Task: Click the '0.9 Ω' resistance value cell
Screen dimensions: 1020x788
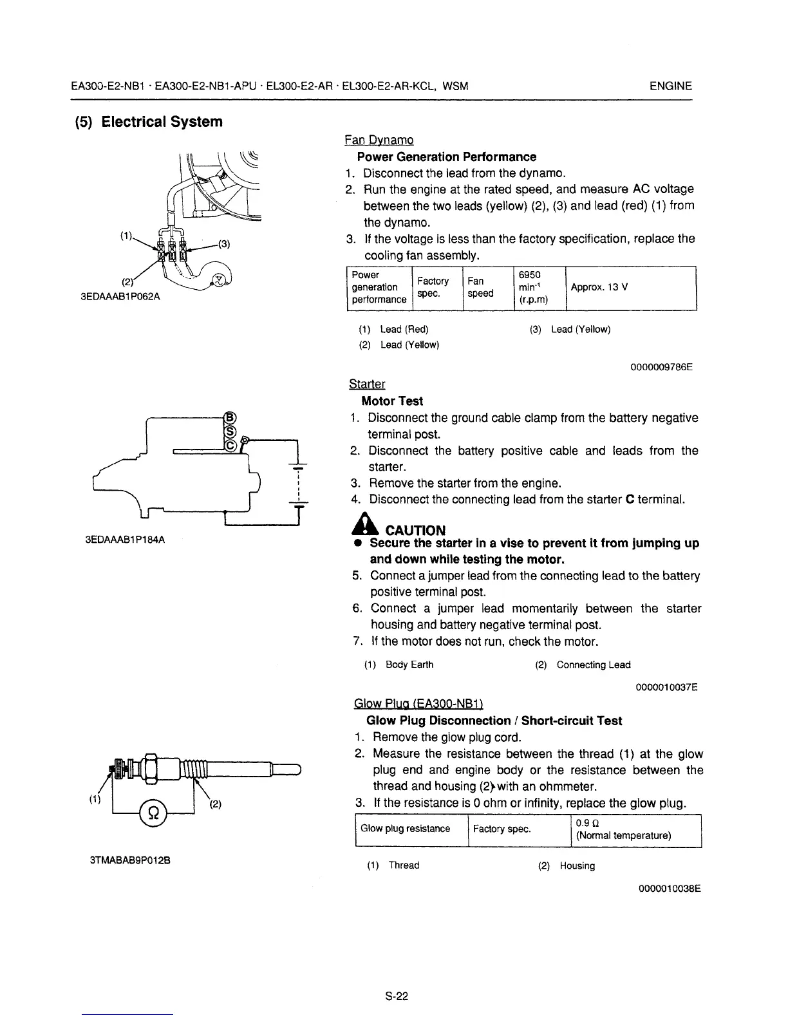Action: [635, 829]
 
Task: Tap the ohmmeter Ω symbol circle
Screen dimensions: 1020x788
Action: [153, 813]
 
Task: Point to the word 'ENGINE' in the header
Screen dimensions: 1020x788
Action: [671, 86]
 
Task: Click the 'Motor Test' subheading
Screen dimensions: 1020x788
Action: [392, 401]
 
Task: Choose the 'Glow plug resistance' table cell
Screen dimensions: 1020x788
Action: [405, 829]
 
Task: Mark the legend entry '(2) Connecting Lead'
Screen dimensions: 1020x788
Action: [583, 665]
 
